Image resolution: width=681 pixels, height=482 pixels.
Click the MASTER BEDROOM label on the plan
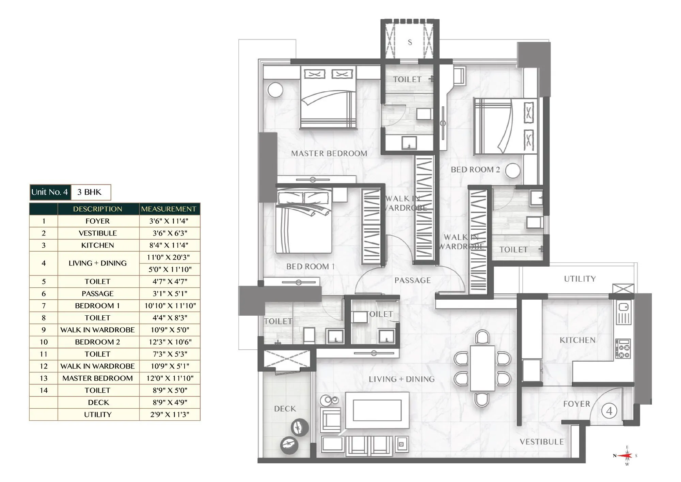329,153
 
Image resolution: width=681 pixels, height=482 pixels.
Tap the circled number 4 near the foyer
609,411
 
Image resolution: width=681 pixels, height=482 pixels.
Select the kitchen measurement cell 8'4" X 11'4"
169,245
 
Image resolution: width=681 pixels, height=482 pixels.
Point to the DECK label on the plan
285,408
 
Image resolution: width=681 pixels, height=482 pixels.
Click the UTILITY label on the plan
580,279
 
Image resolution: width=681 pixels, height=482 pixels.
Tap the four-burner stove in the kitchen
623,349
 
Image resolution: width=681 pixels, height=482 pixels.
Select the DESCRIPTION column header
98,209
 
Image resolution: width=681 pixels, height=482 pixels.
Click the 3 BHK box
90,192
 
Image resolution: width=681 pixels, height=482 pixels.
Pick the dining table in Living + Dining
482,368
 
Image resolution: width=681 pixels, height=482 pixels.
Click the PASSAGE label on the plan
412,280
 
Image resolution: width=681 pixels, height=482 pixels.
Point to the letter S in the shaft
410,42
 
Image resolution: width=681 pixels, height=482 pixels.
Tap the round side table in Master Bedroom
275,90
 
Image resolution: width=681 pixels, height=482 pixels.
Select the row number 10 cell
44,342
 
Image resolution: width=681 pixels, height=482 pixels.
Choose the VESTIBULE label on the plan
541,442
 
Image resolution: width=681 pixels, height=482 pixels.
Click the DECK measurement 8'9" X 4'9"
169,402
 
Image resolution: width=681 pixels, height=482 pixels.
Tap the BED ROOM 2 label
475,169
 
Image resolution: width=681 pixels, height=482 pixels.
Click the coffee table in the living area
377,410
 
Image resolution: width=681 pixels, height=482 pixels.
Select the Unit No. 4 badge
50,192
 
